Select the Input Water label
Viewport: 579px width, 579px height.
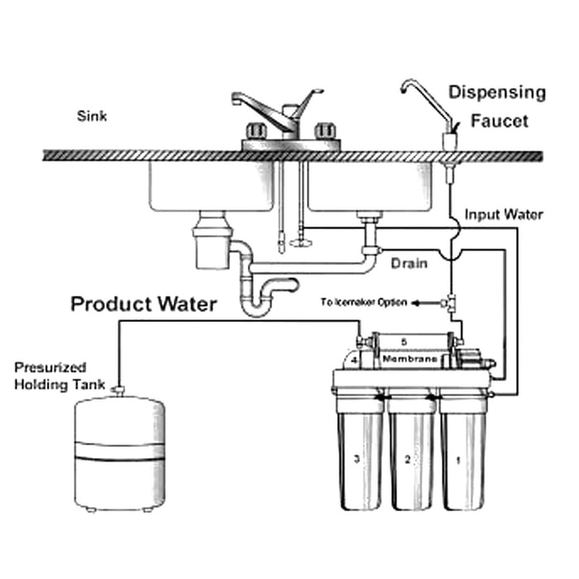pyautogui.click(x=503, y=215)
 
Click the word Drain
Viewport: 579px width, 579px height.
pyautogui.click(x=409, y=264)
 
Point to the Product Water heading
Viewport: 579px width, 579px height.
pyautogui.click(x=143, y=304)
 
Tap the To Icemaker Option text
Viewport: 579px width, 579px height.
pyautogui.click(x=363, y=302)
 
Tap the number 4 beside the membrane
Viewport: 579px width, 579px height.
pyautogui.click(x=353, y=361)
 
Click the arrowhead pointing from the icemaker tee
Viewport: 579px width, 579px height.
pyautogui.click(x=416, y=303)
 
